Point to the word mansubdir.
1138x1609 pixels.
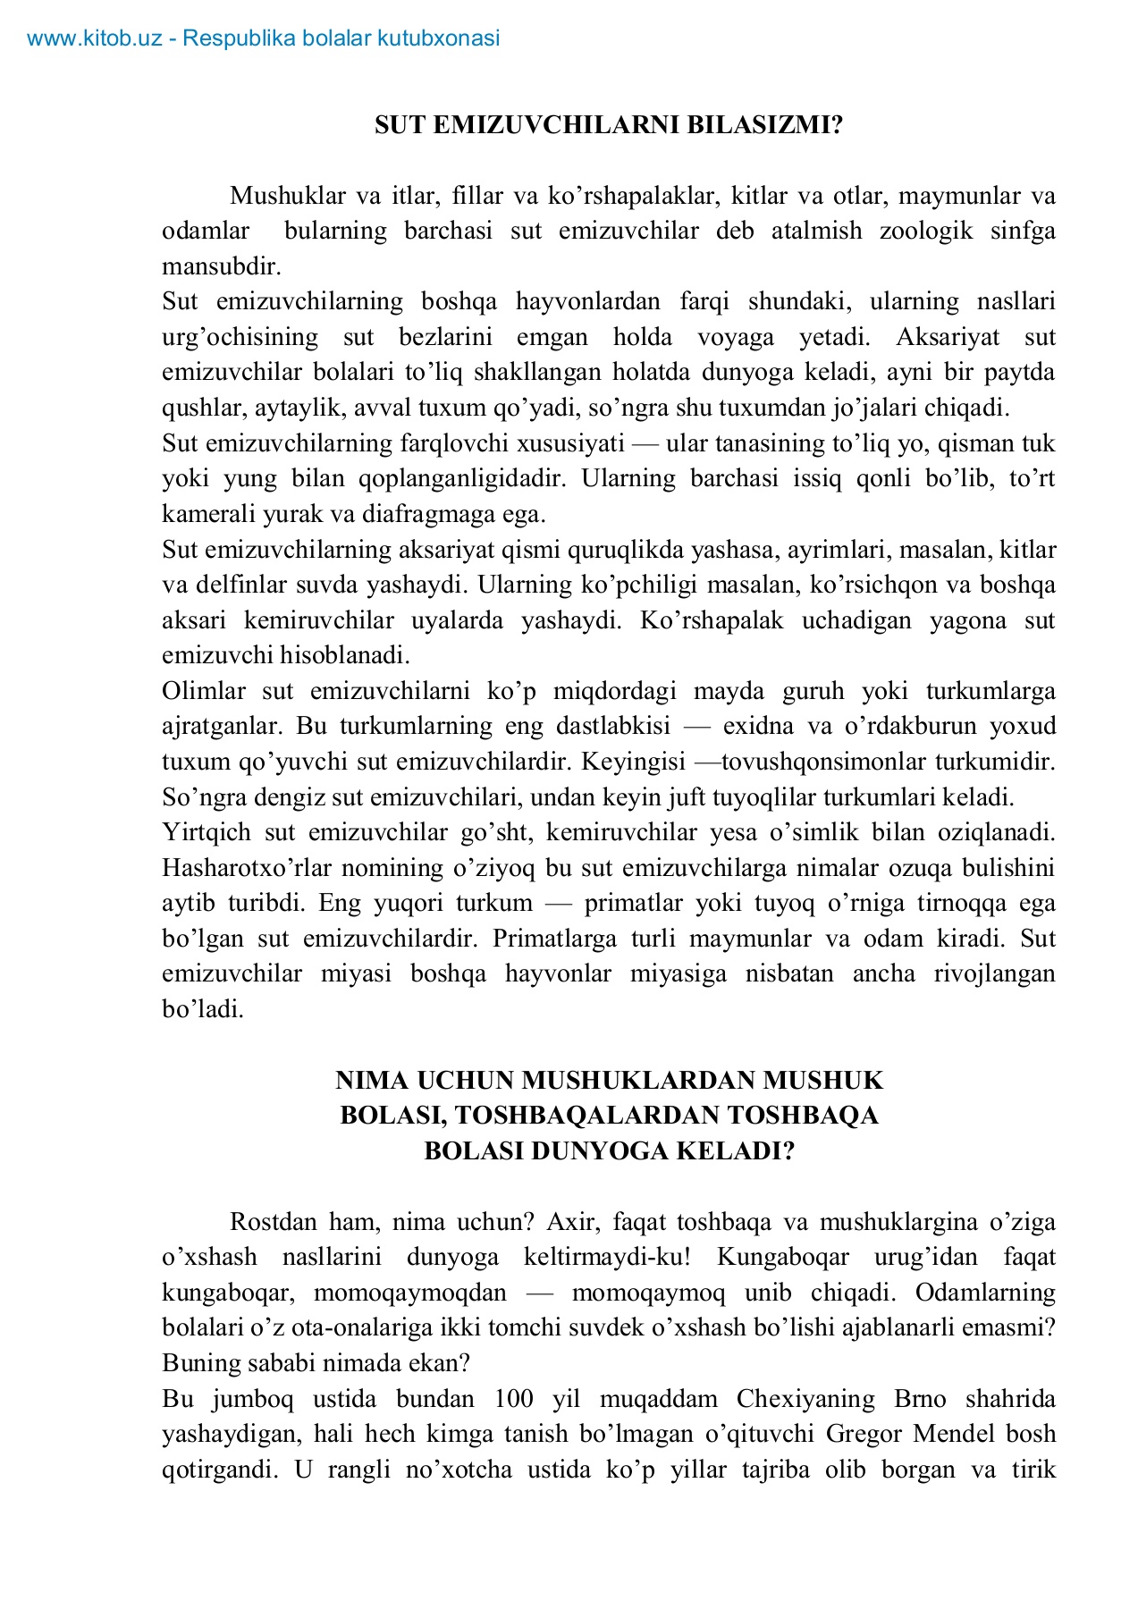point(221,266)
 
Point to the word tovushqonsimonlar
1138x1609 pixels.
point(823,762)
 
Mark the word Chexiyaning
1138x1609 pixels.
point(805,1399)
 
